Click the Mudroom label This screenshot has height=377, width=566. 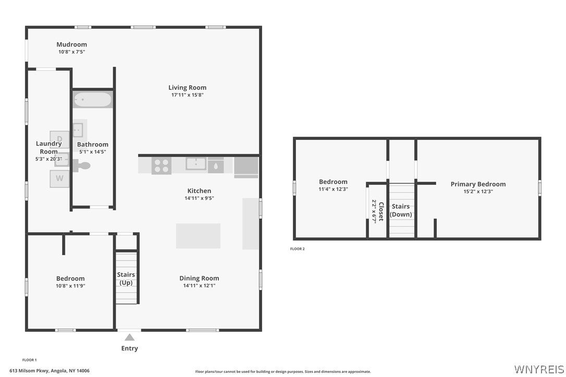[x=71, y=44]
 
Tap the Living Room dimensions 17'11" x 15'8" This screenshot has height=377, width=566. [x=187, y=95]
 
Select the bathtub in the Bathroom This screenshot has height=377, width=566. [x=93, y=99]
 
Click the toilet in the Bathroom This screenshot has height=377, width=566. [x=82, y=166]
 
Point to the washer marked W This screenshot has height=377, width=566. [x=59, y=178]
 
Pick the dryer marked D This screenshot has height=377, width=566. [x=59, y=139]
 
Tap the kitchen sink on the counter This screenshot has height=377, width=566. [x=196, y=164]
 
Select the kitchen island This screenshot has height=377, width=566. [x=198, y=236]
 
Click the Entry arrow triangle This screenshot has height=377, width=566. [x=130, y=337]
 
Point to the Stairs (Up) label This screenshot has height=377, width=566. [x=126, y=279]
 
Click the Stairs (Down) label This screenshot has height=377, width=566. [x=401, y=210]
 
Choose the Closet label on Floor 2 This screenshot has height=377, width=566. [x=381, y=211]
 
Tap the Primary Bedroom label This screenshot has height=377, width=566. [x=478, y=184]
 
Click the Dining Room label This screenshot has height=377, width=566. [x=199, y=278]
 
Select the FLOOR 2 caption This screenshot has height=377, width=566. [x=298, y=248]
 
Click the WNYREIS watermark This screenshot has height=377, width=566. [x=539, y=369]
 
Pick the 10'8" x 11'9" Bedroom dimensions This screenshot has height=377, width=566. [x=70, y=286]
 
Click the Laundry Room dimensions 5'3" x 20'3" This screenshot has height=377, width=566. [x=49, y=159]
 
